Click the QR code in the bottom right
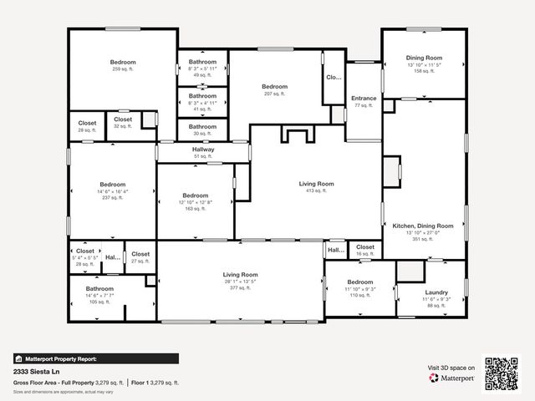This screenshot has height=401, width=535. (502, 373)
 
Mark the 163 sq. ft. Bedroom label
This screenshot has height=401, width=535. (196, 200)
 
